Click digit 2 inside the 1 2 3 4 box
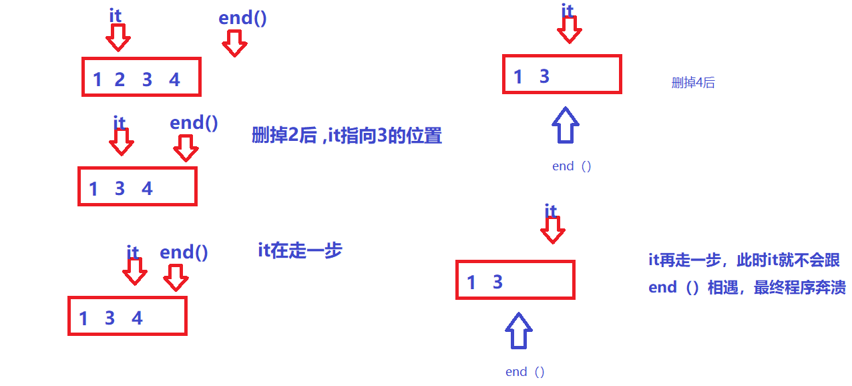pyautogui.click(x=120, y=80)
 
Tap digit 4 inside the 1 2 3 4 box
pyautogui.click(x=174, y=80)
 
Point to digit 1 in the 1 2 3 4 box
pyautogui.click(x=97, y=80)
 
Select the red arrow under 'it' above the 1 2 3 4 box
pyautogui.click(x=118, y=39)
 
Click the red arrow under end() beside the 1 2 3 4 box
pyautogui.click(x=234, y=44)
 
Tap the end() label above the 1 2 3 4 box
pyautogui.click(x=242, y=18)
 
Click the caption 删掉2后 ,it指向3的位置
pyautogui.click(x=347, y=136)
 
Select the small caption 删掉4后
pyautogui.click(x=693, y=83)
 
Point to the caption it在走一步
pyautogui.click(x=300, y=250)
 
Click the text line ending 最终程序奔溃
pyautogui.click(x=747, y=287)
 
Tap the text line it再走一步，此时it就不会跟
pyautogui.click(x=744, y=260)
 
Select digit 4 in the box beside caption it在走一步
pyautogui.click(x=137, y=318)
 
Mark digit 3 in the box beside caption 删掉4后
pyautogui.click(x=544, y=77)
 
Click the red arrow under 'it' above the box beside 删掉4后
pyautogui.click(x=569, y=29)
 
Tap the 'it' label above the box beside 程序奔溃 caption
pyautogui.click(x=550, y=211)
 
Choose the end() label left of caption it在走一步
pyautogui.click(x=184, y=252)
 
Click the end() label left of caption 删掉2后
pyautogui.click(x=194, y=123)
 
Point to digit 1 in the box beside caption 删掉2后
pyautogui.click(x=93, y=189)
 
